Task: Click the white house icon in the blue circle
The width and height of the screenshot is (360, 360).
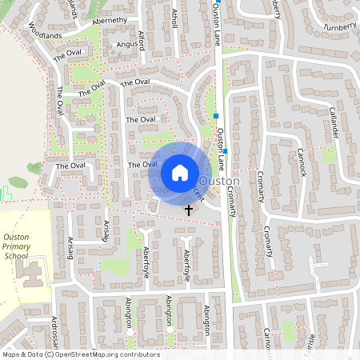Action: (180, 172)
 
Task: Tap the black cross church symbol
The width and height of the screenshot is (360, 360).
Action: (190, 210)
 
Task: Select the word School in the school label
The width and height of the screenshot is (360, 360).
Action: (15, 257)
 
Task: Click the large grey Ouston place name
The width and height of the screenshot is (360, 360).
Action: (218, 183)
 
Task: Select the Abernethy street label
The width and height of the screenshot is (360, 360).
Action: (110, 21)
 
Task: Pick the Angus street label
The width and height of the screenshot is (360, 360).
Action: (128, 45)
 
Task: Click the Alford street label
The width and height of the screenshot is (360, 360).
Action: (141, 39)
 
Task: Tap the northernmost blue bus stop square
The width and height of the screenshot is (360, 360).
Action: (216, 116)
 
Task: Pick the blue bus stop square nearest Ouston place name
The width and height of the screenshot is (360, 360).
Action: (226, 150)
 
